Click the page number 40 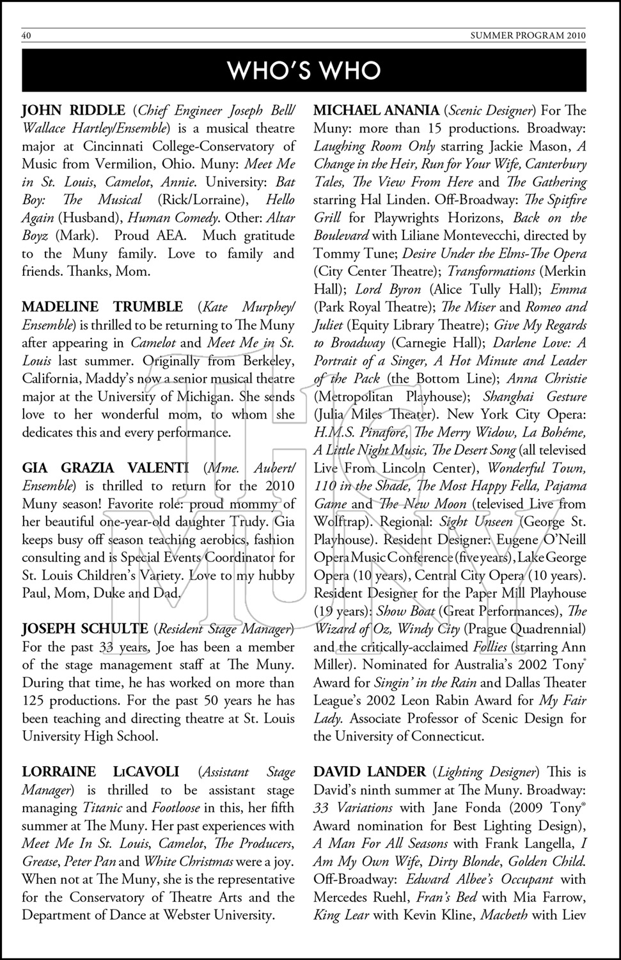click(26, 36)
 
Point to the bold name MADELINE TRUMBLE click(102, 307)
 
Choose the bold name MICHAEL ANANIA click(376, 111)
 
